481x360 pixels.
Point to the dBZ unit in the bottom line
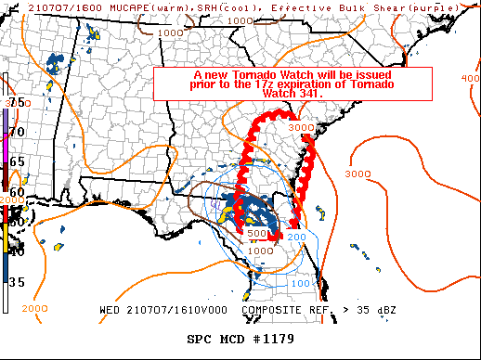(389, 309)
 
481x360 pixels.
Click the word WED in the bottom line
(112, 309)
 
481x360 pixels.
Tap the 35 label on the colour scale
(17, 282)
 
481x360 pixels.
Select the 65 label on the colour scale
(17, 161)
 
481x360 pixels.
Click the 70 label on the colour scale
(17, 133)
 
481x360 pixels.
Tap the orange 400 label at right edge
(470, 78)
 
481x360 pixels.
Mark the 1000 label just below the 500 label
(260, 250)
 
